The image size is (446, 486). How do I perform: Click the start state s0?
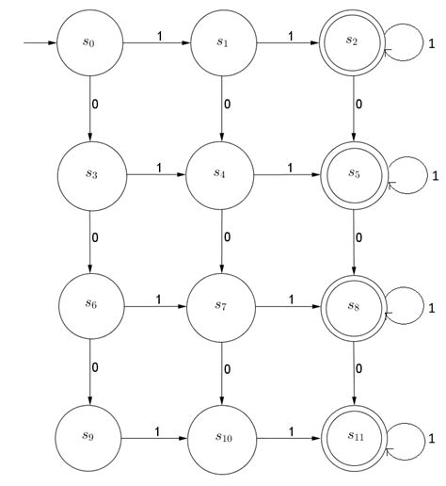[89, 43]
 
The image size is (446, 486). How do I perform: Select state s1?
[222, 43]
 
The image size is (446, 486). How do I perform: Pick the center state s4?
[222, 173]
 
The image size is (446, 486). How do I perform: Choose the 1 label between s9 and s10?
[156, 430]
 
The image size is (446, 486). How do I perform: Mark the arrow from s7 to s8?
[289, 306]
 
